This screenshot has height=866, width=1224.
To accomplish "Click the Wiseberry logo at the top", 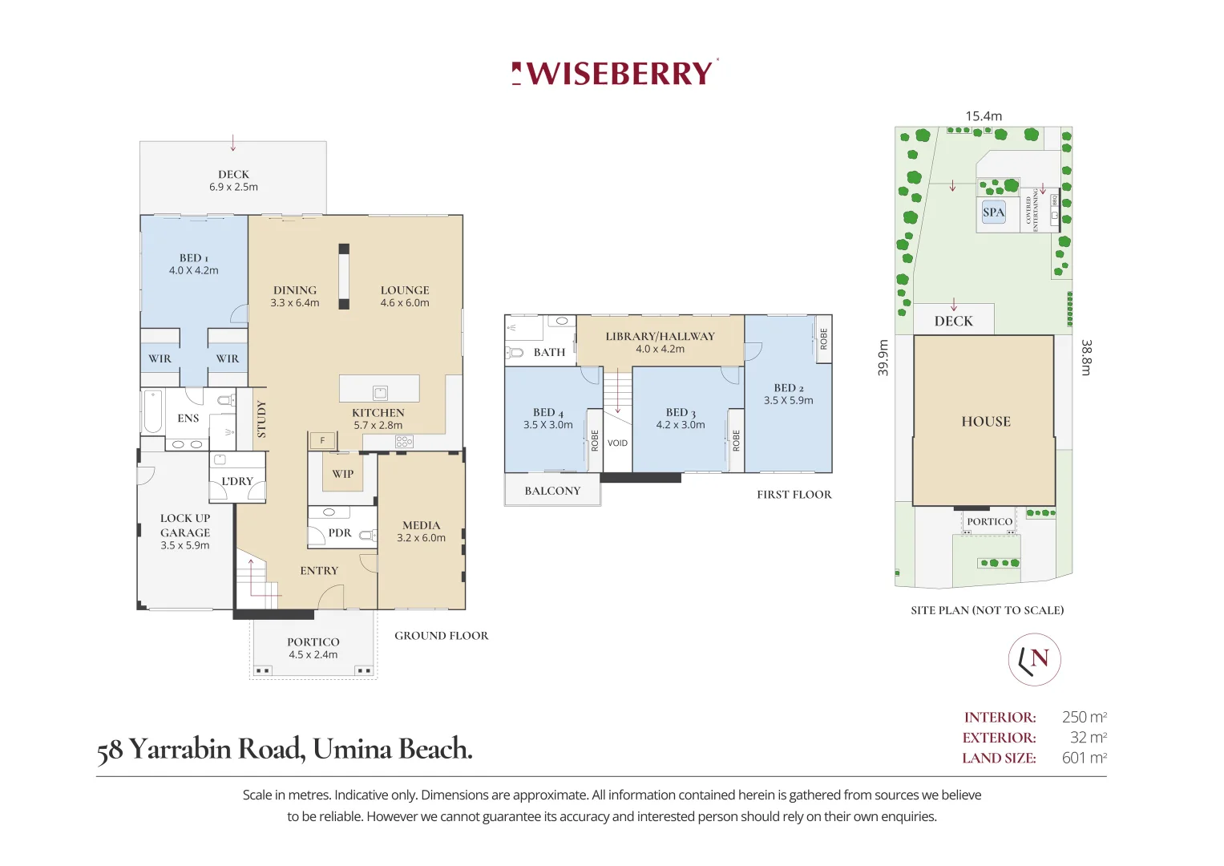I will (x=615, y=73).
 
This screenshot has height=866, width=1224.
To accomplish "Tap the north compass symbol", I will (x=1034, y=659).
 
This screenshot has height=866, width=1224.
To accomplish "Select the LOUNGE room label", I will (x=405, y=296).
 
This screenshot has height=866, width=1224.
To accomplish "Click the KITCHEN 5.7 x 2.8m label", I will (x=378, y=419).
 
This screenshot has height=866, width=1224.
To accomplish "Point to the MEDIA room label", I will (x=421, y=531).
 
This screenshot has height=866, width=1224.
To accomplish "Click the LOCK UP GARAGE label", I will (x=185, y=531).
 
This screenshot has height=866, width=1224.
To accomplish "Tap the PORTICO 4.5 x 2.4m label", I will (x=313, y=648).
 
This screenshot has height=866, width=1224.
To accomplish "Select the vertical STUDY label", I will (x=261, y=419).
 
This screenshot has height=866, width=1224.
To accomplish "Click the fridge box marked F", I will (x=322, y=440).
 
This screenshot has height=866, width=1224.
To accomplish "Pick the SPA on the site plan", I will (x=993, y=212).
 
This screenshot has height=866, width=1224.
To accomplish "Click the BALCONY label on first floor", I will (x=552, y=491).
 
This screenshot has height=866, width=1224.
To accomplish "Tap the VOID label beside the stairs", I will (x=617, y=443).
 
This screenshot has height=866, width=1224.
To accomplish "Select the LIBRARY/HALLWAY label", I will (x=660, y=342).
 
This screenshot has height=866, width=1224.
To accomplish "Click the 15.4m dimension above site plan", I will (x=984, y=116).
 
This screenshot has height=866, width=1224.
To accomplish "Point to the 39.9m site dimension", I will (x=883, y=358).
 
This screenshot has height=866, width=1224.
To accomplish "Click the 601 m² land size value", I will (x=1084, y=758).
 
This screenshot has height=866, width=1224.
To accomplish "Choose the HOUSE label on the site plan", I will (x=986, y=422).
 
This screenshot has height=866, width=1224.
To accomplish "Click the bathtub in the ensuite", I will (x=152, y=411).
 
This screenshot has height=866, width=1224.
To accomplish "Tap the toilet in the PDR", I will (x=366, y=535).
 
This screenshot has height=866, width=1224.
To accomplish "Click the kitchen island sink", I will (x=380, y=393).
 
